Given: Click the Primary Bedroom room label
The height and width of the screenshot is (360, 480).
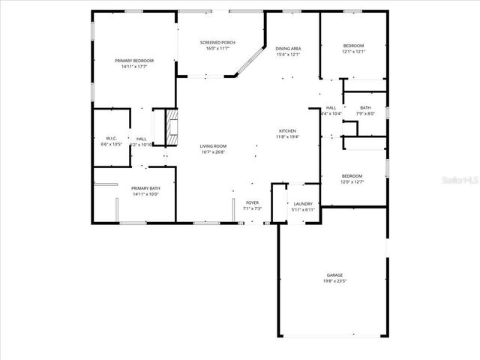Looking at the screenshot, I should click(133, 60).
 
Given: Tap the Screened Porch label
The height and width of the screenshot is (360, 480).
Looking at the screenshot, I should click(217, 43).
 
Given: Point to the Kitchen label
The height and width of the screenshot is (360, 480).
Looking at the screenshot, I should click(288, 130).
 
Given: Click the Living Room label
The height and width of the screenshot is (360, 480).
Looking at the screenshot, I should click(213, 146).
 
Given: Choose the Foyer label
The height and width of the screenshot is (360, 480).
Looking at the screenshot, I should click(252, 202).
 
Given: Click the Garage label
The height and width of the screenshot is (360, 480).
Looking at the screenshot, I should click(334, 275).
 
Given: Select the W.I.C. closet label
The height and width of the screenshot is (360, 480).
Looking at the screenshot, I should click(111, 138).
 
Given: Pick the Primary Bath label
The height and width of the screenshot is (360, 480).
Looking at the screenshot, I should click(145, 188).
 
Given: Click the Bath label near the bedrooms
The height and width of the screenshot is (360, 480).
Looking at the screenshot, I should click(365, 108).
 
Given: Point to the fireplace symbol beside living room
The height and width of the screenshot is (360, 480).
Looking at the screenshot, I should click(172, 127).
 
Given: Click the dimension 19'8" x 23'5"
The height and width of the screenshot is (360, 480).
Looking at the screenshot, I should click(334, 282).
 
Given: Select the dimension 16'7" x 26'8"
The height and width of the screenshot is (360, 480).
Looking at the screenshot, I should click(213, 152).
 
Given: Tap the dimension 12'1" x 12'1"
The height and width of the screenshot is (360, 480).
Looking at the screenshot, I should click(352, 52).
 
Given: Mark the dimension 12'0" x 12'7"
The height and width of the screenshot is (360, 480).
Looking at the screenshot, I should click(352, 181).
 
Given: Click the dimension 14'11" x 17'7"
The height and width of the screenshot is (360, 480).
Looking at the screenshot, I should click(133, 66).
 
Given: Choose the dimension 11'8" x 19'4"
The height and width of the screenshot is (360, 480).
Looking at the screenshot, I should click(288, 136).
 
